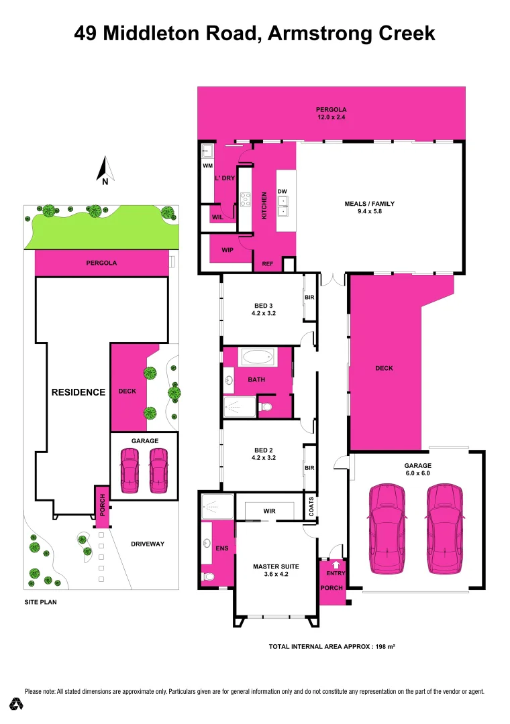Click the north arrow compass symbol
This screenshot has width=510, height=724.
click(105, 170)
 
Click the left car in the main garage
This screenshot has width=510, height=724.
click(387, 528)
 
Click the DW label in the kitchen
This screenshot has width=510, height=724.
click(283, 191)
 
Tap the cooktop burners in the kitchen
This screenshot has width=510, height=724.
click(246, 199)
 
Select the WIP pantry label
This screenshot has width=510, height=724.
click(227, 250)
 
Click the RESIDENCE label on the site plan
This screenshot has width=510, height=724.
click(79, 392)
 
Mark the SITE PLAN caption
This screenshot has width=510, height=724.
click(40, 602)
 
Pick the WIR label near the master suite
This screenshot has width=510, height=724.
click(269, 511)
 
